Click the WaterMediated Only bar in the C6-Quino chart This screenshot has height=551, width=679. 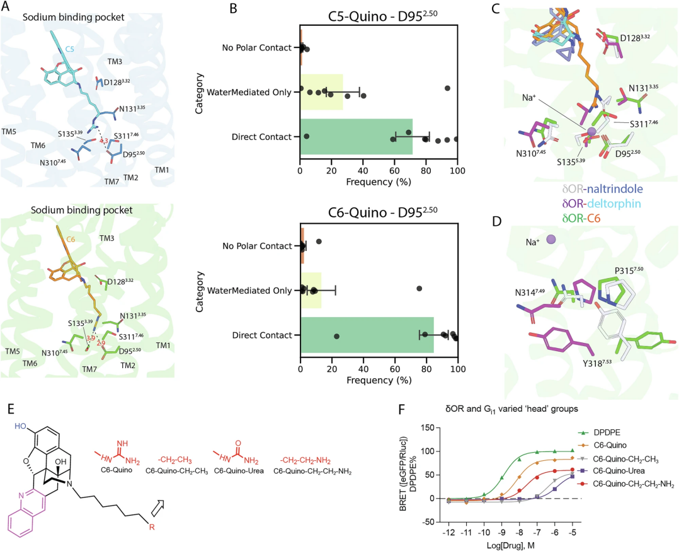click(x=311, y=290)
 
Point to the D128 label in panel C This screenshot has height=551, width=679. click(x=632, y=38)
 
